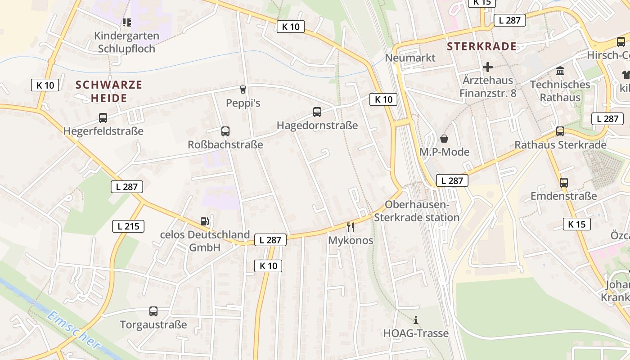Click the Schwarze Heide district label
pyautogui.click(x=109, y=91)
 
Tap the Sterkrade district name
pyautogui.click(x=482, y=46)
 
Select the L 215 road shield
pyautogui.click(x=128, y=226)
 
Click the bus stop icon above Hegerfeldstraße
pyautogui.click(x=103, y=118)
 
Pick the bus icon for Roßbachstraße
pyautogui.click(x=225, y=131)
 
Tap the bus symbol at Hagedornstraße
pyautogui.click(x=317, y=112)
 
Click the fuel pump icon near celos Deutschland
pyautogui.click(x=205, y=221)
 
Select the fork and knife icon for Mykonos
pyautogui.click(x=351, y=227)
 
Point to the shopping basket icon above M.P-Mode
pyautogui.click(x=444, y=139)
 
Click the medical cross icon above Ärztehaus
pyautogui.click(x=488, y=67)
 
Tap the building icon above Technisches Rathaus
pyautogui.click(x=560, y=71)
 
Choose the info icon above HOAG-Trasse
pyautogui.click(x=416, y=320)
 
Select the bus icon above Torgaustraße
pyautogui.click(x=153, y=311)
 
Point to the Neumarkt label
pyautogui.click(x=410, y=58)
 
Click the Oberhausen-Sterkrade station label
pyautogui.click(x=417, y=211)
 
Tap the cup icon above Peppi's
pyautogui.click(x=243, y=90)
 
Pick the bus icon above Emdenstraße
pyautogui.click(x=563, y=183)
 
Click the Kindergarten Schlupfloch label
pyautogui.click(x=126, y=42)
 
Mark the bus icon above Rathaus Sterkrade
pyautogui.click(x=560, y=131)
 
